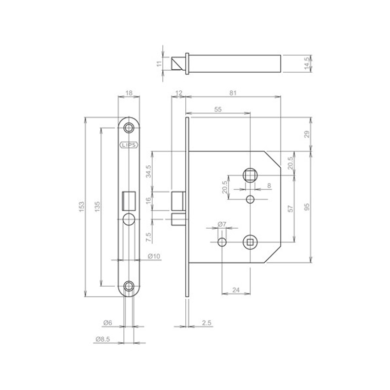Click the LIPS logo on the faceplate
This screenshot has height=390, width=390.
coord(129,145)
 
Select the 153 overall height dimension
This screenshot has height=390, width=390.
coord(82,207)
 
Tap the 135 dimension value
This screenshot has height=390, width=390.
coord(97,207)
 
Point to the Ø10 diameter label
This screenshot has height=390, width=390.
coord(154,256)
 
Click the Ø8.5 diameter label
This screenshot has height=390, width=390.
coord(103,339)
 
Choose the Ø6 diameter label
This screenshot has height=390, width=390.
coord(107,323)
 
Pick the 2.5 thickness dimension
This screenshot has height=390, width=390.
coord(207,323)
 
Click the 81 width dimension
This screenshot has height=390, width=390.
coord(233,93)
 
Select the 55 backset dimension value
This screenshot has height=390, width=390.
coord(218,109)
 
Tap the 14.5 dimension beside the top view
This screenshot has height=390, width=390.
coord(307,63)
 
